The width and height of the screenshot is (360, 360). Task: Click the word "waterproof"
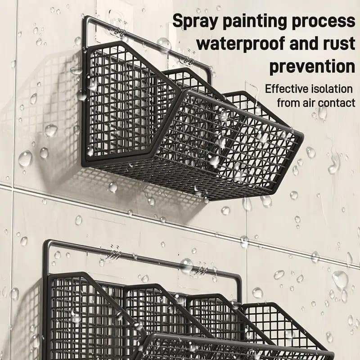[241, 44]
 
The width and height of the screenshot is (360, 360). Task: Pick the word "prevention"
[312, 67]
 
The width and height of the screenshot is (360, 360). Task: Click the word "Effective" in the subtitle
[286, 89]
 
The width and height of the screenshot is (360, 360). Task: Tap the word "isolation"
[331, 89]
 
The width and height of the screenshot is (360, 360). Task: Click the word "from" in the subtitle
[288, 103]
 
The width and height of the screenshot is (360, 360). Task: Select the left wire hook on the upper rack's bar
[119, 32]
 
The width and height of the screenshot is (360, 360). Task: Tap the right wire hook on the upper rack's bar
[188, 61]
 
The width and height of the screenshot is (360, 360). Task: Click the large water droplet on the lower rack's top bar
[186, 265]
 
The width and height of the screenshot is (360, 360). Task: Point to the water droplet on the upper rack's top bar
[164, 44]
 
